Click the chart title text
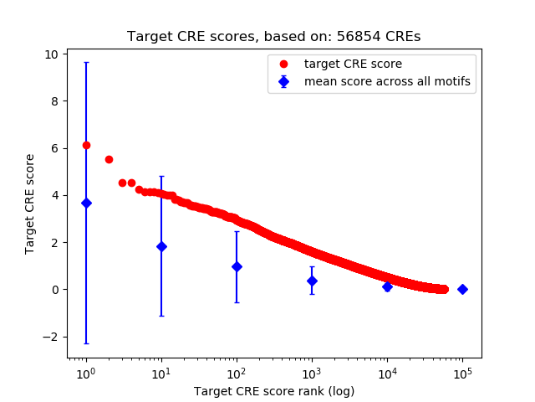[273, 37]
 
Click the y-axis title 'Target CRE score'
[30, 204]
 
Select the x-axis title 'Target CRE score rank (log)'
[273, 391]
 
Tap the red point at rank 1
[86, 145]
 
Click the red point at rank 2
[109, 159]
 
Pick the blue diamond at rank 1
[86, 203]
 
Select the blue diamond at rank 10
[161, 246]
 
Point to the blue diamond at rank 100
[237, 266]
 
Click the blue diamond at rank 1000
[312, 281]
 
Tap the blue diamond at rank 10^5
[462, 289]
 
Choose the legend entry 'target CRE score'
[341, 64]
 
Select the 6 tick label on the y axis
[54, 148]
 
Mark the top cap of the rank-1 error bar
[86, 62]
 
